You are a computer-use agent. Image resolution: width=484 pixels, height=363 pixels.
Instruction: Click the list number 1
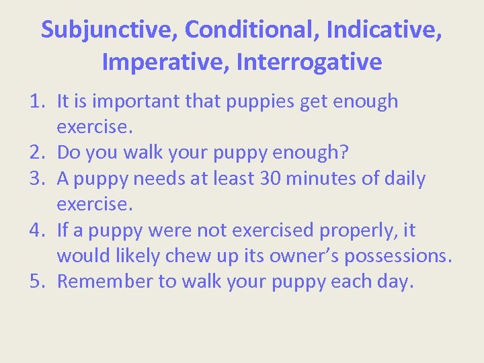37,102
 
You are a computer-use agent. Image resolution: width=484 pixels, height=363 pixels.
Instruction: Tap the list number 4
37,231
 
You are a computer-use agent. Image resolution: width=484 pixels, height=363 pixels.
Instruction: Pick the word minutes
318,179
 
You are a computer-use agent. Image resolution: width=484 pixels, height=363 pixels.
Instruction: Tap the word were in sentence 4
171,231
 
